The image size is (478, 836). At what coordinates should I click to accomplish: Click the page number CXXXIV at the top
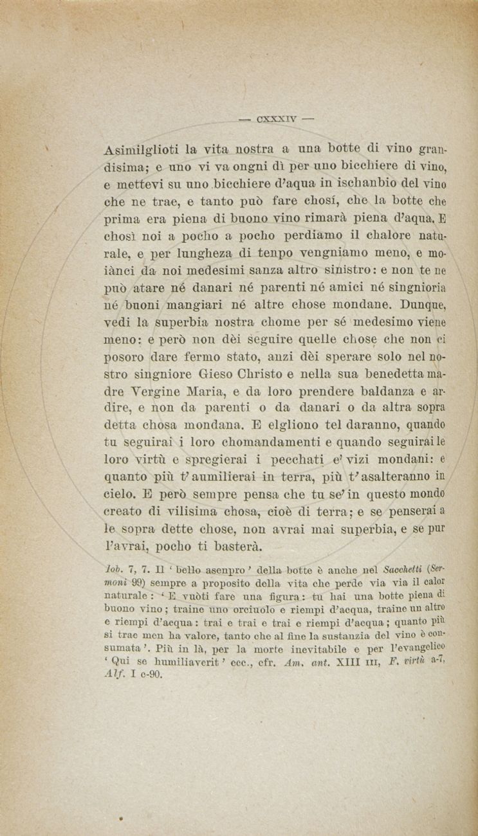(276, 118)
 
